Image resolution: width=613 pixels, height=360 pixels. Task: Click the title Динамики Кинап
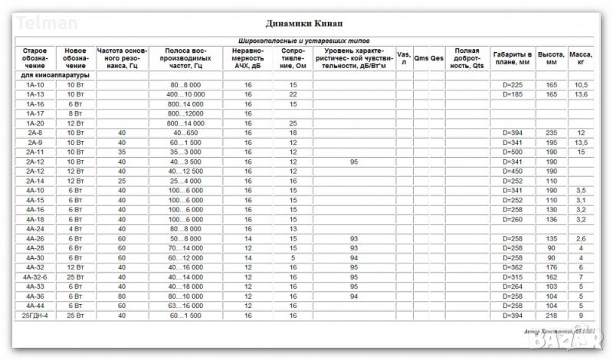(306, 24)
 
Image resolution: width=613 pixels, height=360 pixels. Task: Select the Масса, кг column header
(581, 57)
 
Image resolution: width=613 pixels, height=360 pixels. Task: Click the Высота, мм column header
(551, 57)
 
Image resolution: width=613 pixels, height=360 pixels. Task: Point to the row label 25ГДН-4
(34, 316)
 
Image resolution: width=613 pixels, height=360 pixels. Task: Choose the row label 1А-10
(34, 84)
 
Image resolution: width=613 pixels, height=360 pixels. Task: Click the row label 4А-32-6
(34, 277)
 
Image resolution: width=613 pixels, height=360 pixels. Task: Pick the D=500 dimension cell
(512, 152)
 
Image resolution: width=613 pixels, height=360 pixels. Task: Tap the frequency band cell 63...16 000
(185, 306)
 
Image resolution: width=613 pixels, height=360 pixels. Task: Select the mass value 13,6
(581, 94)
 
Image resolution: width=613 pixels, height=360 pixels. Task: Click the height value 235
(551, 133)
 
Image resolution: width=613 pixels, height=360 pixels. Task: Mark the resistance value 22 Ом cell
(293, 94)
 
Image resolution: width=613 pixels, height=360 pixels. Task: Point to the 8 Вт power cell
(75, 113)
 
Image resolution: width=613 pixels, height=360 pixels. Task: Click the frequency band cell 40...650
(185, 133)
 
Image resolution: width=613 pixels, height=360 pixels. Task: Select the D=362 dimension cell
(512, 267)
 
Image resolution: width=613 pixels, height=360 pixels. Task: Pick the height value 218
(551, 316)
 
